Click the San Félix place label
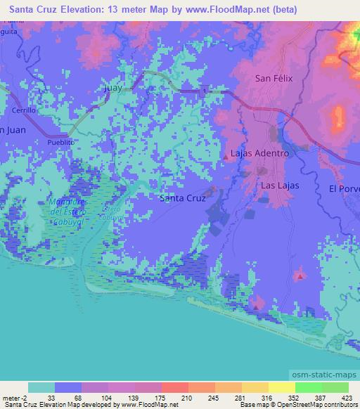point(273,78)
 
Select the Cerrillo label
point(23,110)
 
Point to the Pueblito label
point(60,141)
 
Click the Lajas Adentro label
point(259,153)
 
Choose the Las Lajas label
point(280,186)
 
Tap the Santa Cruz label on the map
point(183,198)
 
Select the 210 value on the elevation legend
point(162,398)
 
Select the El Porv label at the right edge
point(344,188)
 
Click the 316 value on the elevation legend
point(269,398)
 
